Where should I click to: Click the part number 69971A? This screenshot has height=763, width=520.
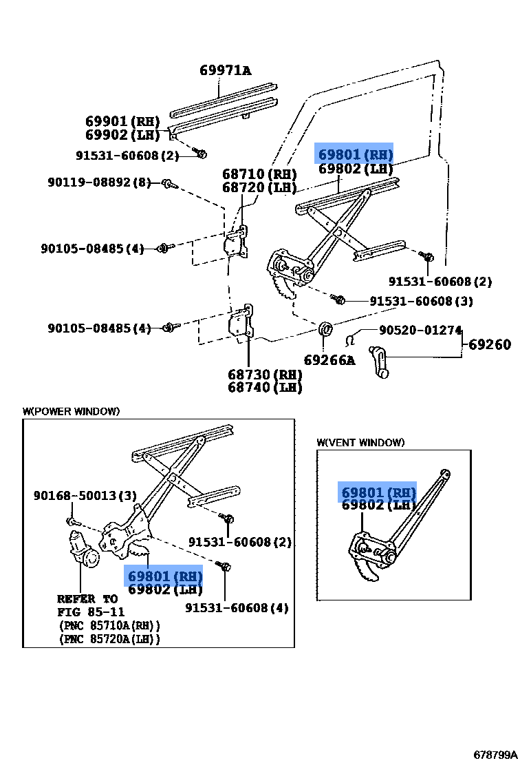[x=225, y=70]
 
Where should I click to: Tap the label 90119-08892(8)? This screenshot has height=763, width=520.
[x=99, y=182]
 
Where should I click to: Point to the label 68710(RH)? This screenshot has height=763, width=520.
[x=259, y=174]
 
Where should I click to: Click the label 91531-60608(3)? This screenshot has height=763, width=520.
[x=421, y=301]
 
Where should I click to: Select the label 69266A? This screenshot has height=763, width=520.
[x=329, y=359]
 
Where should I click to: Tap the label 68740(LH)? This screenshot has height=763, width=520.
[x=265, y=388]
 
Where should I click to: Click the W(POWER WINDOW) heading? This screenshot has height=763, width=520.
[x=71, y=411]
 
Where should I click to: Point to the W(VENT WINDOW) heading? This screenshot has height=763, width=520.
[x=360, y=442]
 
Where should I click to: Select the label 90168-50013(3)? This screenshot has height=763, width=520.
[x=85, y=495]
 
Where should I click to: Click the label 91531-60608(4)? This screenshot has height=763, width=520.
[x=237, y=607]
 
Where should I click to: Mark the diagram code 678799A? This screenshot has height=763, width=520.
[x=494, y=754]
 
